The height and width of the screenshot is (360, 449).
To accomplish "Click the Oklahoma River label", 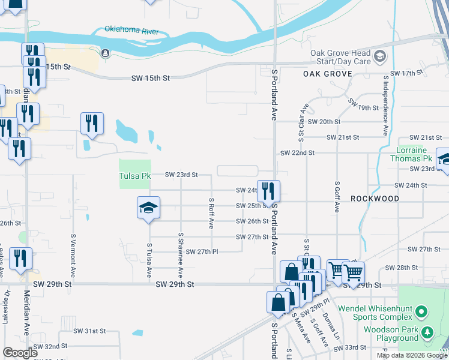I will coord(131,30).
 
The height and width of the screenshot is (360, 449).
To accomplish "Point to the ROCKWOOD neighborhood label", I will coord(375,198).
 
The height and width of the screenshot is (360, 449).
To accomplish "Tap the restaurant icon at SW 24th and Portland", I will coord(268,191).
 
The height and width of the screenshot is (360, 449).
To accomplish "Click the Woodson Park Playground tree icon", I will coord(427,332).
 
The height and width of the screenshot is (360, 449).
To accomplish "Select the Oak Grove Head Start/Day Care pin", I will coord(379,57).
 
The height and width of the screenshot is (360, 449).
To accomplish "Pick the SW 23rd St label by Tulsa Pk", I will coord(181,175).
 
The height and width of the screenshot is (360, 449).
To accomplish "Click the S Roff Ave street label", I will coord(211,214).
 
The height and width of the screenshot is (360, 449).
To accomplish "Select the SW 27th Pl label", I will coord(201,251).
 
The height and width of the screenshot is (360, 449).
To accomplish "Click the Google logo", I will coord(20,353).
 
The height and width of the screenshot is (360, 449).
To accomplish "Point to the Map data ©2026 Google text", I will coord(411,355).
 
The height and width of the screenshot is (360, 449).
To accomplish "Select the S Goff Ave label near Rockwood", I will coord(337,197).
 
